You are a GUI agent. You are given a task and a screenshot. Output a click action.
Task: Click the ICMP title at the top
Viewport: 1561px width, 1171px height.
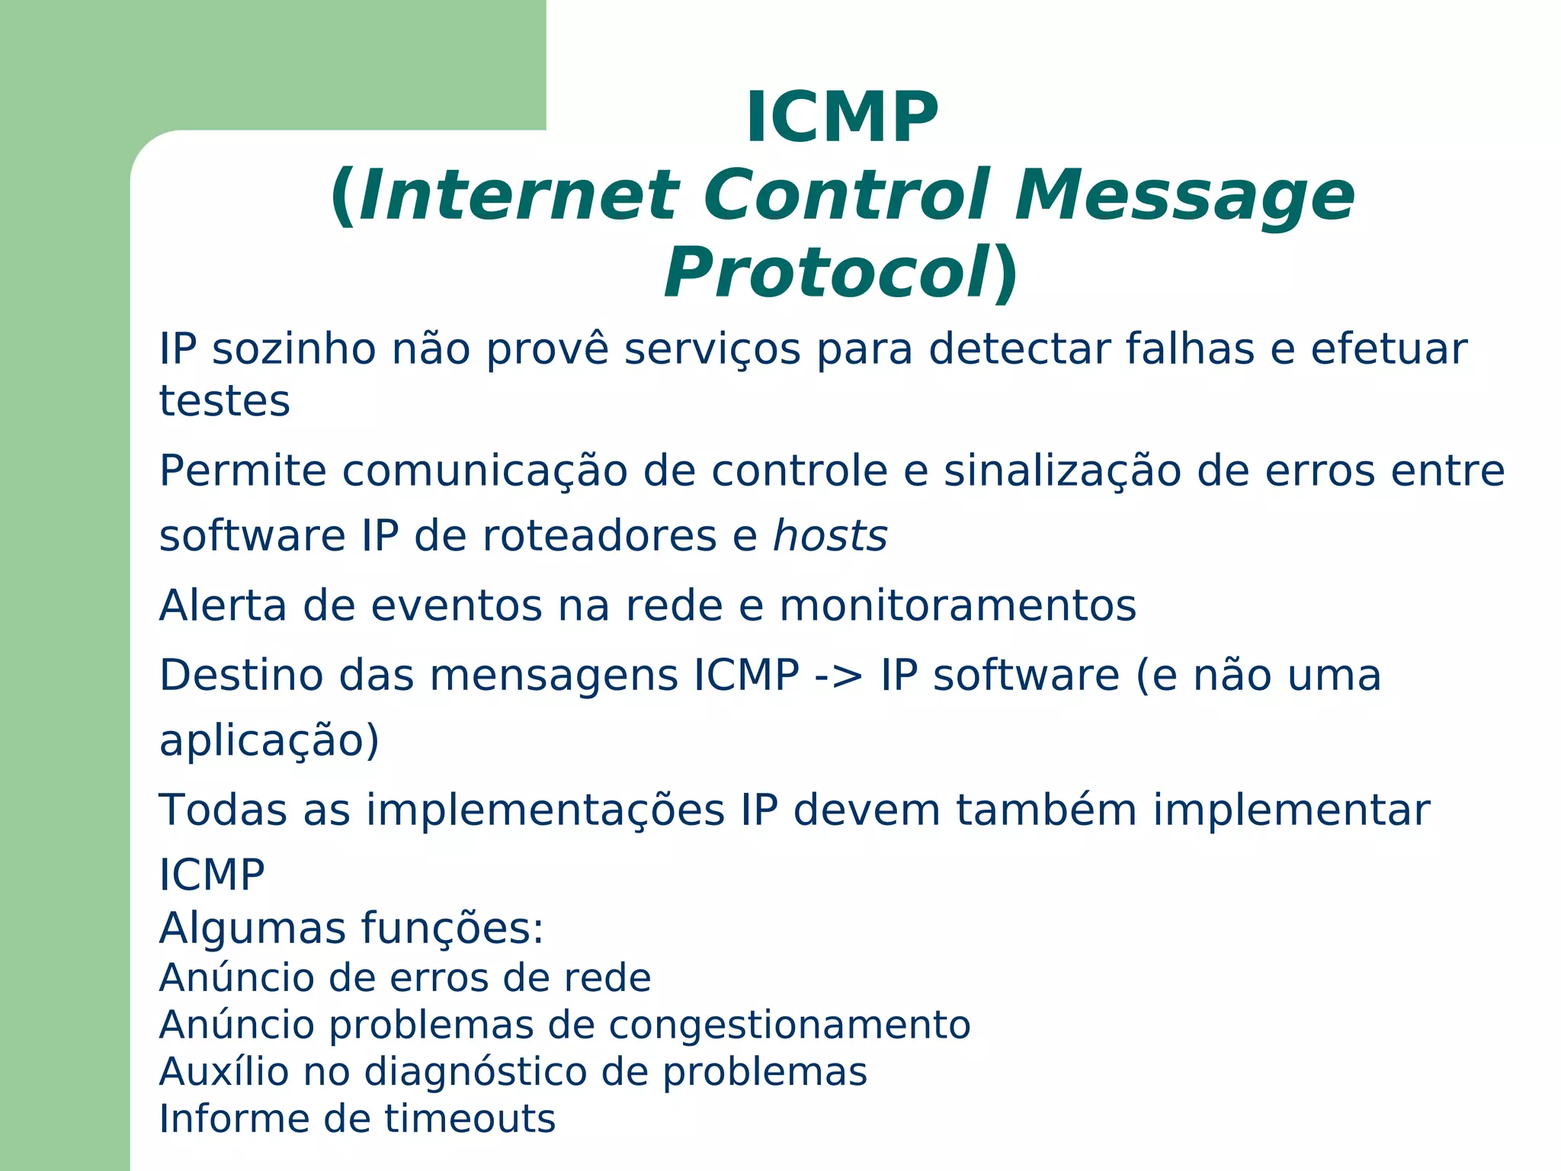(841, 117)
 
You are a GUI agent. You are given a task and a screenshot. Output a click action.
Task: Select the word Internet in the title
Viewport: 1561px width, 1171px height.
(518, 196)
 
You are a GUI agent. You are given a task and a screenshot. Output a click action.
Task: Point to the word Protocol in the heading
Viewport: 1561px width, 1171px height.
(826, 274)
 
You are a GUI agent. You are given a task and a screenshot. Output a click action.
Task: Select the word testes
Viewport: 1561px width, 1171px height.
(224, 401)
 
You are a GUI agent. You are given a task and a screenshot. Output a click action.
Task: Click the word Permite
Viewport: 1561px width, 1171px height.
(242, 470)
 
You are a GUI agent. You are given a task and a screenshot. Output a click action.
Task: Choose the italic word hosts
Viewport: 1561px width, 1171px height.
(830, 536)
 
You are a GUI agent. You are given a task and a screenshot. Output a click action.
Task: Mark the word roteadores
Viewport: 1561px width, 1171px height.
(599, 536)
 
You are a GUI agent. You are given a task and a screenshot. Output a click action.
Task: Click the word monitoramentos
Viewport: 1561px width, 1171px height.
(957, 606)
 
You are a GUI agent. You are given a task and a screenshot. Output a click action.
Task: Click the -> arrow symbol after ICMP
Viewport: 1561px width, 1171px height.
(839, 676)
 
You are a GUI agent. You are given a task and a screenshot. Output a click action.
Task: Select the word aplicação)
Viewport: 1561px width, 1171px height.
(269, 741)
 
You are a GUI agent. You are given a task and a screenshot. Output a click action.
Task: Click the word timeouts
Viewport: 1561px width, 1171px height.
(470, 1119)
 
